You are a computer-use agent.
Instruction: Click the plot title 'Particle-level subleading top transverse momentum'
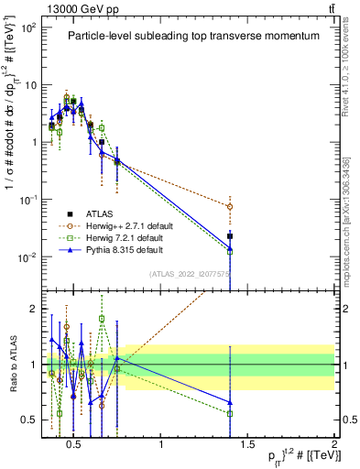pyautogui.click(x=188, y=36)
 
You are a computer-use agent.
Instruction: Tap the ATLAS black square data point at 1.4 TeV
pyautogui.click(x=230, y=236)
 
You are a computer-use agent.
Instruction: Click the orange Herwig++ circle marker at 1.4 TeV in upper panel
pyautogui.click(x=230, y=207)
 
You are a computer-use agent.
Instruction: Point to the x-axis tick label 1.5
pyautogui.click(x=247, y=445)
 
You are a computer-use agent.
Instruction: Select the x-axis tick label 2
pyautogui.click(x=333, y=445)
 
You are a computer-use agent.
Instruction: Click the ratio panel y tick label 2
pyautogui.click(x=31, y=309)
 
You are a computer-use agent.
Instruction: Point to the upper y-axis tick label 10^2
pyautogui.click(x=27, y=27)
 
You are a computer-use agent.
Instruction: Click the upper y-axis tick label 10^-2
pyautogui.click(x=27, y=257)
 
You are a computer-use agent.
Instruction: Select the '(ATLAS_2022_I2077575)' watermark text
pyautogui.click(x=191, y=273)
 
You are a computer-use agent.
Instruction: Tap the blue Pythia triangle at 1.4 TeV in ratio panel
pyautogui.click(x=230, y=402)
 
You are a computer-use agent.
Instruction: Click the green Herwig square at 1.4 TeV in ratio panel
pyautogui.click(x=230, y=414)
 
